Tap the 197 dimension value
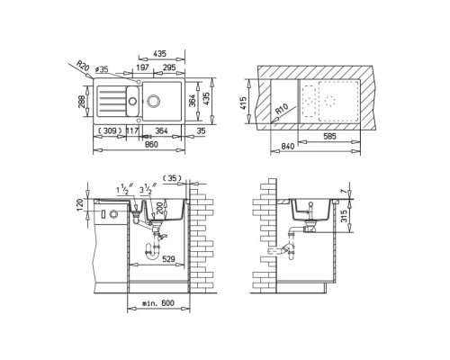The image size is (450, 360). coord(142,68)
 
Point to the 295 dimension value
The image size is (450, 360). coord(168,68)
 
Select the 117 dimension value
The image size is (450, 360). coord(132,131)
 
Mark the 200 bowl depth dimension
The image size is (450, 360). coord(161,211)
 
